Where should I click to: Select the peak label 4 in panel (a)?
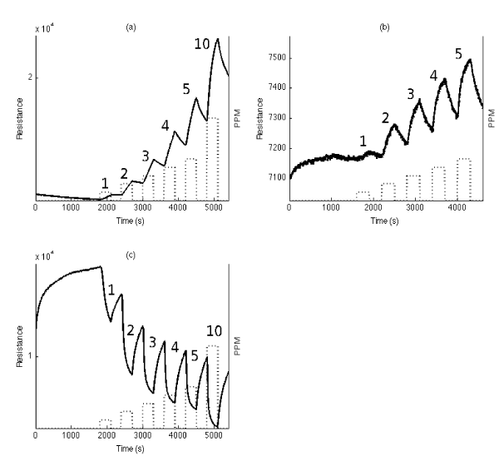[166, 126]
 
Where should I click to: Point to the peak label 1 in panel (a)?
[105, 182]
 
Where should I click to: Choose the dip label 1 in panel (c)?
[111, 290]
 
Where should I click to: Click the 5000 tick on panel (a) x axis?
[213, 206]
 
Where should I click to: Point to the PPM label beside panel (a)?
[236, 118]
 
